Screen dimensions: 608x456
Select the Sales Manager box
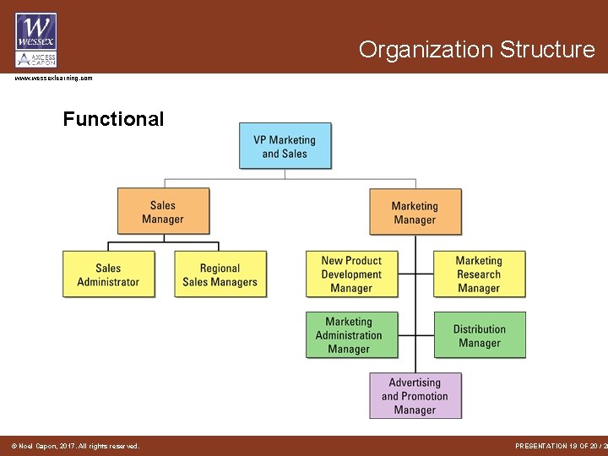[x=163, y=211]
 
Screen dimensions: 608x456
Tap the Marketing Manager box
[x=415, y=212]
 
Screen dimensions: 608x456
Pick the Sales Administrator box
[x=108, y=274]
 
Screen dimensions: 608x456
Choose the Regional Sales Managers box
[x=220, y=274]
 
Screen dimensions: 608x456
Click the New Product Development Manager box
[x=351, y=274]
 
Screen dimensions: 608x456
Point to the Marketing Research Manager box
[x=479, y=274]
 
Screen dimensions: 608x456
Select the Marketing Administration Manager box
[x=349, y=335]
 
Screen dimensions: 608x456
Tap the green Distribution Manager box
[x=479, y=335]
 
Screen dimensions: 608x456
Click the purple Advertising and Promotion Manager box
[x=415, y=395]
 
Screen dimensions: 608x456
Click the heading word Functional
[x=113, y=119]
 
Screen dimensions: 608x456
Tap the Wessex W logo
[x=35, y=30]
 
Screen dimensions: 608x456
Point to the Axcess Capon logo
[x=35, y=58]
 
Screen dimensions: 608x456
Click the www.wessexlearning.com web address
[x=53, y=78]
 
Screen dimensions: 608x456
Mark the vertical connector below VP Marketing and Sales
[x=285, y=174]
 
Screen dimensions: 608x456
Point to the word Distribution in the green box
[x=479, y=329]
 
